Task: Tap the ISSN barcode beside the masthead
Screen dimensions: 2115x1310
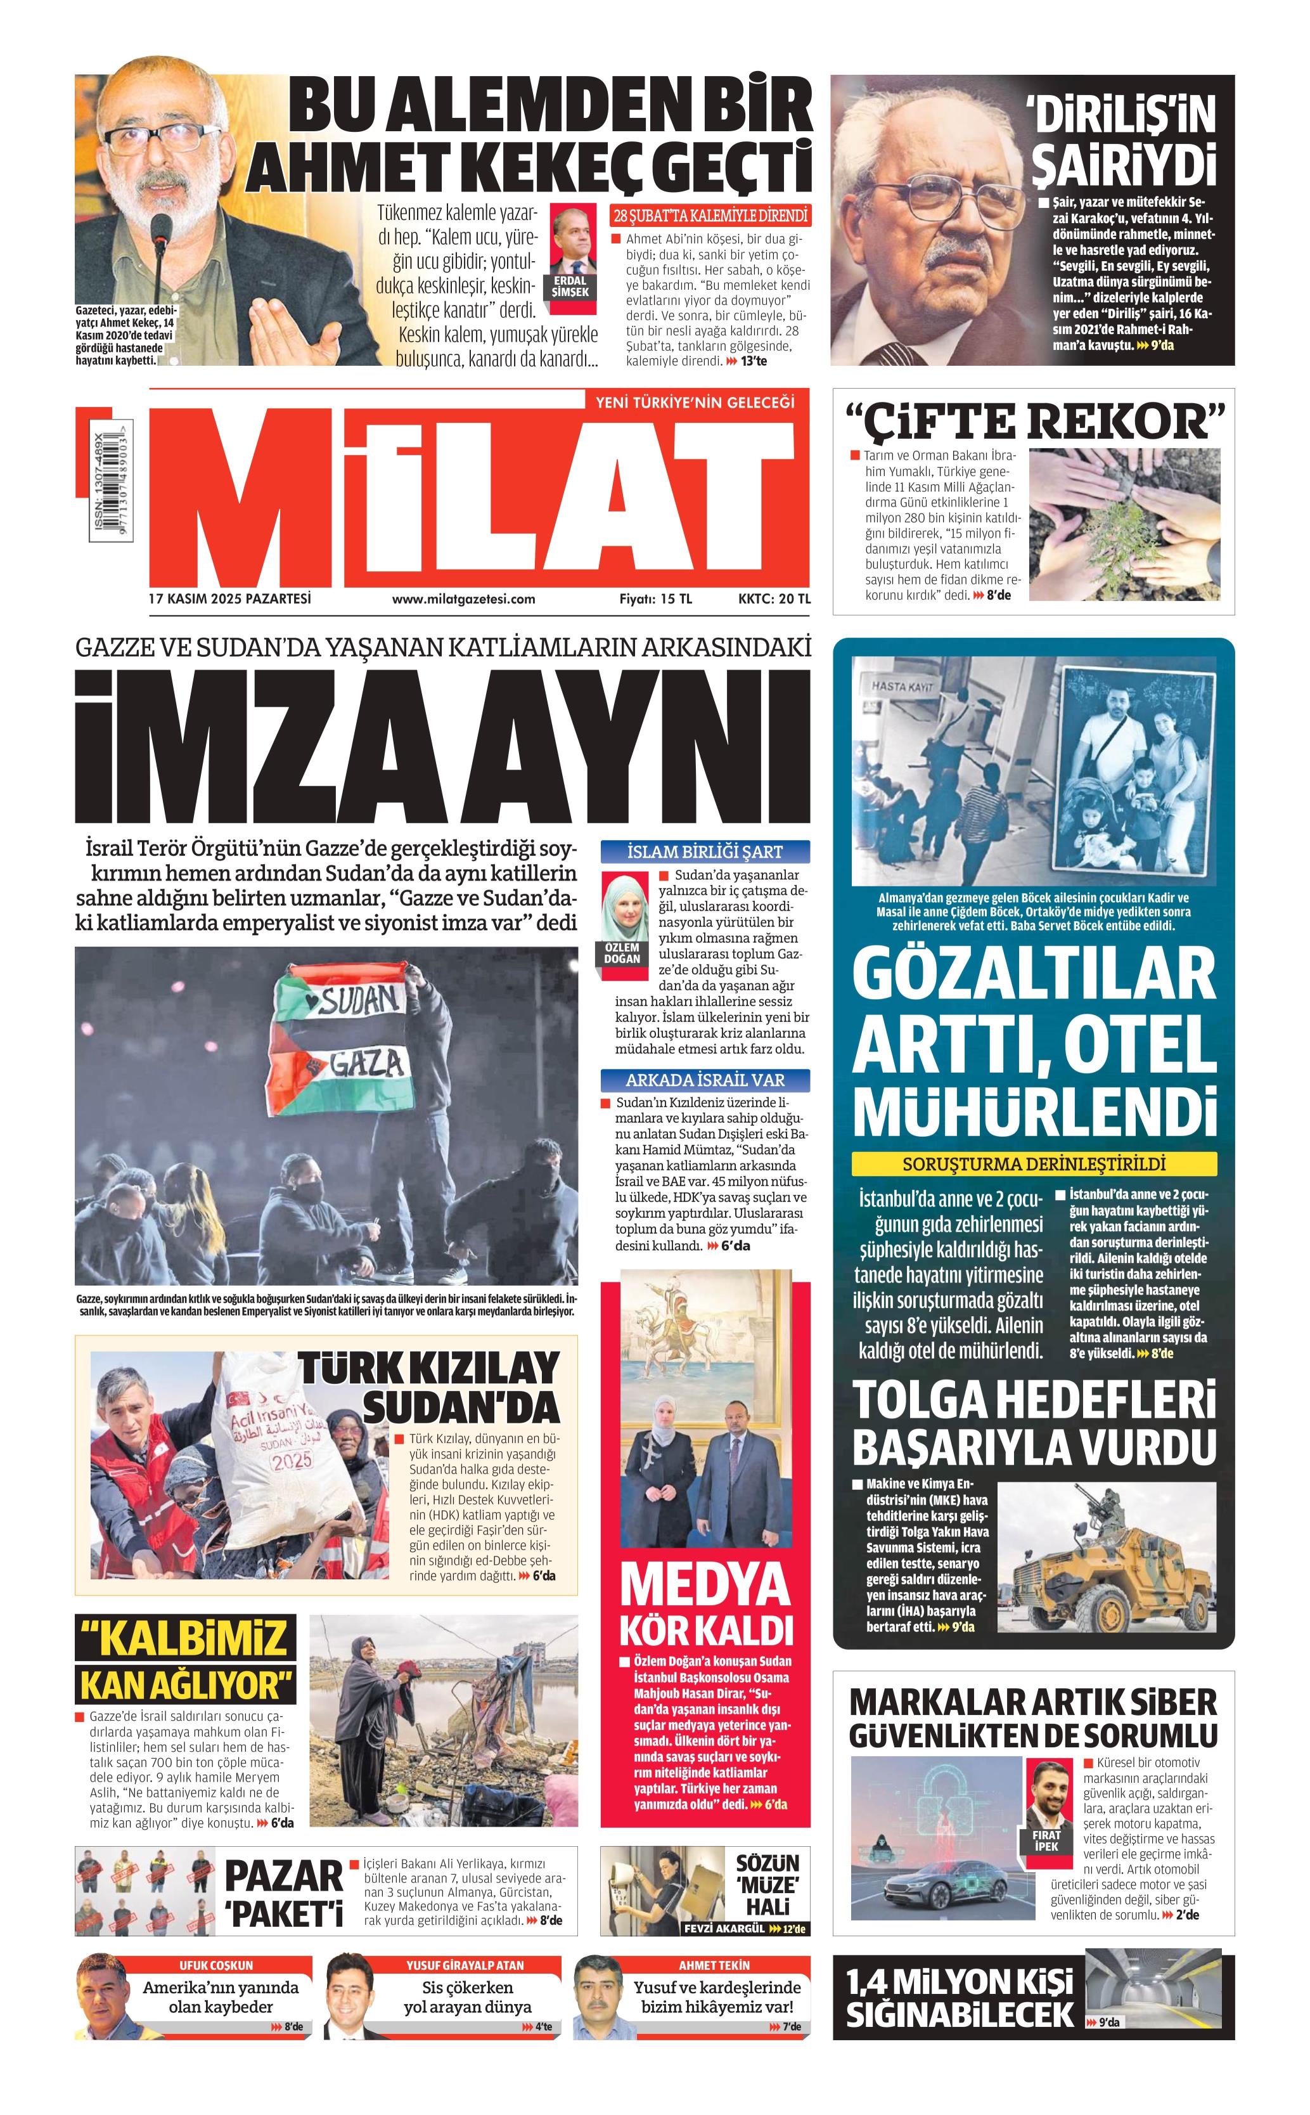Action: (x=108, y=487)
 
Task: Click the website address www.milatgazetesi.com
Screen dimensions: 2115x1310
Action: (x=463, y=598)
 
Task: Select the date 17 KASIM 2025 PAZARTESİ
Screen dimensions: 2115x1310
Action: (x=229, y=598)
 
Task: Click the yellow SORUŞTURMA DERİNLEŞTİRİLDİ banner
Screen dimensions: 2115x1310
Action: (x=1034, y=1163)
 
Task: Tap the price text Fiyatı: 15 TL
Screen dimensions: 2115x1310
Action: (x=655, y=598)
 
